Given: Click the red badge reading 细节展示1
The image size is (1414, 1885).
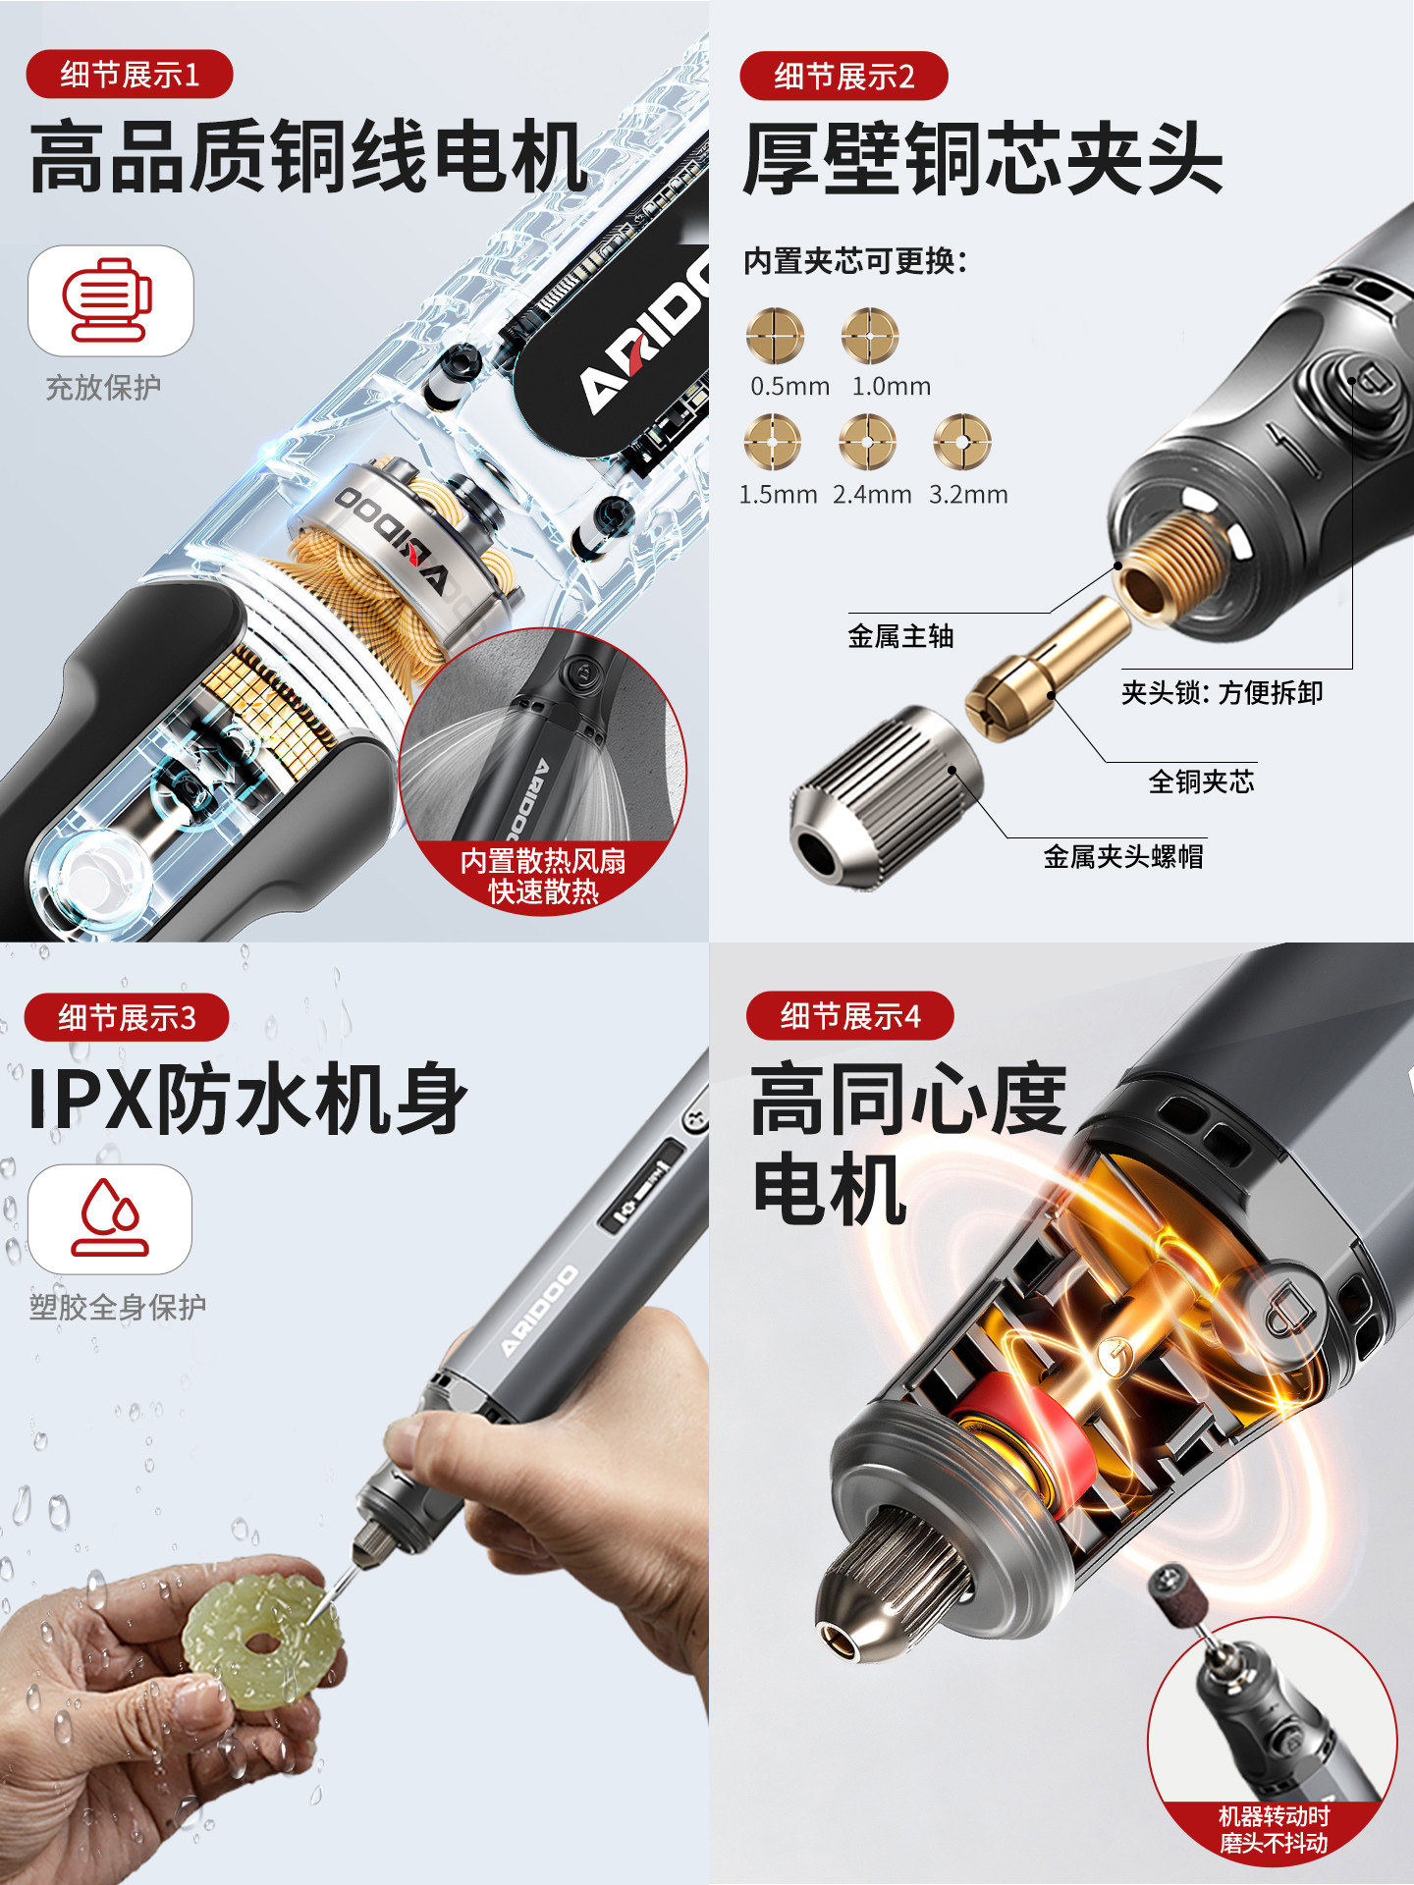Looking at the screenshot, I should click(129, 75).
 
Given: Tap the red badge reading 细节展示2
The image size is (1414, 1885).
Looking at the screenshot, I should click(843, 76).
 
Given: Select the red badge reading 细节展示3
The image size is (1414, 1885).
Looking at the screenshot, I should click(127, 1017).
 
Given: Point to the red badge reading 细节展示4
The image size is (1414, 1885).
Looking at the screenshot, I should click(849, 1015).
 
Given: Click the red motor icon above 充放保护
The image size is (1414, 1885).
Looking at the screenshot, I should click(108, 299).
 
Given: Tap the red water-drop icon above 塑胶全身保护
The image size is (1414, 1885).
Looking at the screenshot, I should click(110, 1218).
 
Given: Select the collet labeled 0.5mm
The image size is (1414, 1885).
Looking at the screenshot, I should click(775, 336).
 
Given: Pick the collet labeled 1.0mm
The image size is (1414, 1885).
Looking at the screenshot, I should click(870, 336).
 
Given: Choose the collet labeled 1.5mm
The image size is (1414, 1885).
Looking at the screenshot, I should click(773, 442).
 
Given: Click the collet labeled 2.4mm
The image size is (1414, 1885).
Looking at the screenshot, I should click(868, 442).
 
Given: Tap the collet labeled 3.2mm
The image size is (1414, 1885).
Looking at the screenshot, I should click(962, 442).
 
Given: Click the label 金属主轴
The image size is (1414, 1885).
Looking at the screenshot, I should click(900, 636).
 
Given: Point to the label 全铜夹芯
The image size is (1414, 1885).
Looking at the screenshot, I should click(1201, 781).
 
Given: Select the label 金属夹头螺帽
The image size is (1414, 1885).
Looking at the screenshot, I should click(1123, 856).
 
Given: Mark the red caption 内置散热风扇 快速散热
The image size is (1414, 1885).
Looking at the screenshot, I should click(543, 876).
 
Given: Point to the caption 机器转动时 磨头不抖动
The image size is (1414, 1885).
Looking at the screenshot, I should click(1274, 1829).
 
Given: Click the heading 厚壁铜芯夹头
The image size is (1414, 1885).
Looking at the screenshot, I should click(982, 159).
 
